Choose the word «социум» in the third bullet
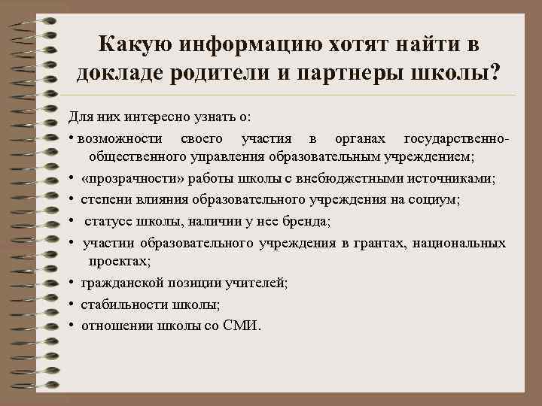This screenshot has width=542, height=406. (x=439, y=200)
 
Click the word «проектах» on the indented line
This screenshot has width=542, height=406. (x=119, y=261)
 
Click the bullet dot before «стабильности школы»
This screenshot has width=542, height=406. (x=71, y=304)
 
